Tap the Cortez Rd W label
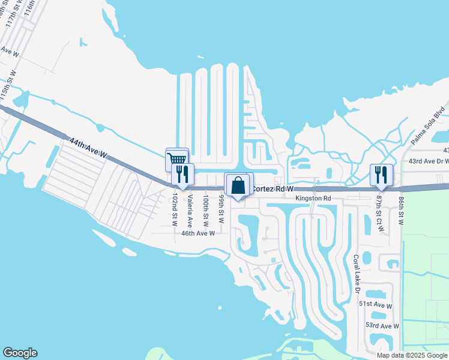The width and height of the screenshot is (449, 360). (272, 188)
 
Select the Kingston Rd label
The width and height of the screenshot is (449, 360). (313, 198)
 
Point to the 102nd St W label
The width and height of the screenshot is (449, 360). (173, 210)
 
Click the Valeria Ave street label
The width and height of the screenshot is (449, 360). (190, 208)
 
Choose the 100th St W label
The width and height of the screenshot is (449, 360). (206, 209)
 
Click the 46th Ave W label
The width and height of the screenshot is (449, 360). (198, 233)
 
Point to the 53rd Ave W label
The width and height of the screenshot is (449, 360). (382, 326)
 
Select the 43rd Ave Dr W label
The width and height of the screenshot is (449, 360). (429, 161)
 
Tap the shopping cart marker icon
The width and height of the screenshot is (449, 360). (177, 159)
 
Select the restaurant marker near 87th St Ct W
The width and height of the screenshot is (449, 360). (381, 175)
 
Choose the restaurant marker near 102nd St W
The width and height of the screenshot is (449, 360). (182, 174)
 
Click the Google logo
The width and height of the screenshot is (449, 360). (20, 353)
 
